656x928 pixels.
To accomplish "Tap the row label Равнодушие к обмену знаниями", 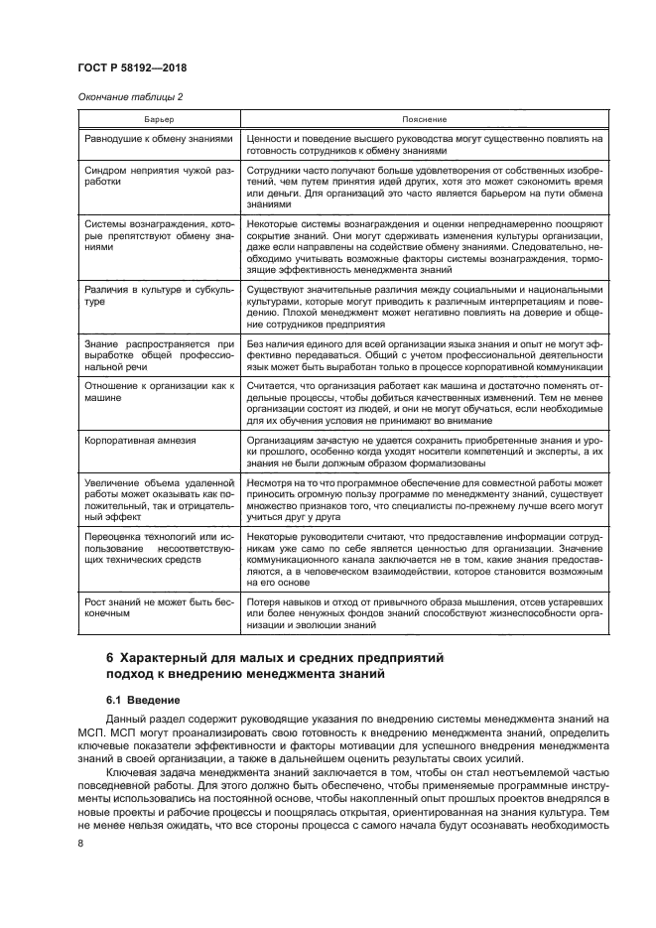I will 159,140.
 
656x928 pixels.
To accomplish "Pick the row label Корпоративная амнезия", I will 139,441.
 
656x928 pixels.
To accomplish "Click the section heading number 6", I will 138,658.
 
